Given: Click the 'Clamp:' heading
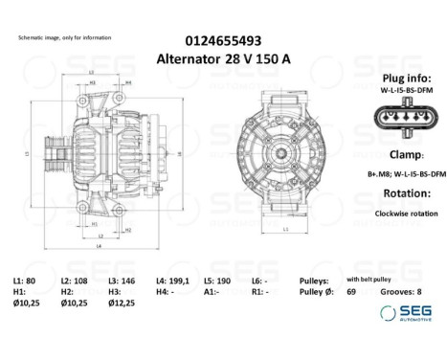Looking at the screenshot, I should point(399,155).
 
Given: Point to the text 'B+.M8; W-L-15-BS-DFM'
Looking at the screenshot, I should point(399,175).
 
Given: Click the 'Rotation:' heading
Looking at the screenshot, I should point(399,194).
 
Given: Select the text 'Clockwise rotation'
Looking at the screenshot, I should point(399,214).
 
